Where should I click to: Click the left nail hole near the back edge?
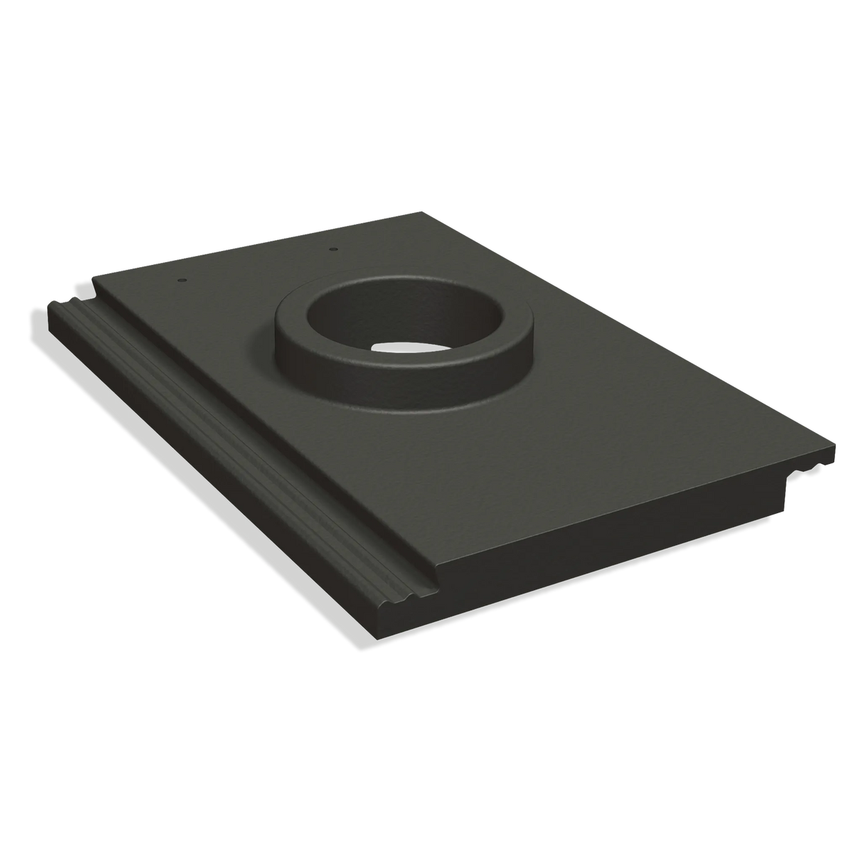pos(182,280)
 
